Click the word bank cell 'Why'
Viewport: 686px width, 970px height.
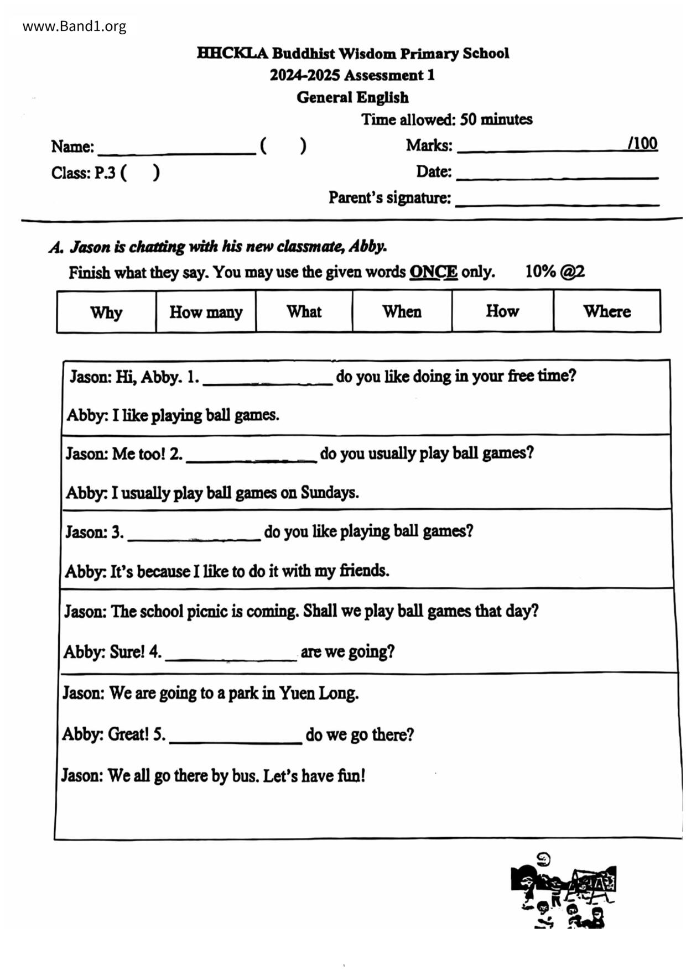coord(106,312)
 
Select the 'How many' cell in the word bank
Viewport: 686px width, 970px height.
coord(206,312)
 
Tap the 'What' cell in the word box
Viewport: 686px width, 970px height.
coord(304,311)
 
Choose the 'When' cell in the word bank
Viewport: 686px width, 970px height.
coord(402,311)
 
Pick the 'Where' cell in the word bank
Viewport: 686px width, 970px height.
coord(606,311)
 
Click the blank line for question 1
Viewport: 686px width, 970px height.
coord(268,378)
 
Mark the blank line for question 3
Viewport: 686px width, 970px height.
coord(194,534)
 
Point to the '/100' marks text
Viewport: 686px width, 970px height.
coord(642,144)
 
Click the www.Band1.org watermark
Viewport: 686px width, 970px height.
coord(74,26)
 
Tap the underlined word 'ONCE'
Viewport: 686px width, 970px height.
coord(433,272)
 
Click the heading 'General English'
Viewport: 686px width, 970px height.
coord(352,97)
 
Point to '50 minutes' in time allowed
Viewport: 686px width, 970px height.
coord(496,119)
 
